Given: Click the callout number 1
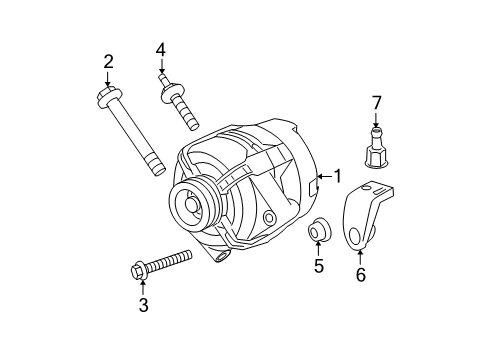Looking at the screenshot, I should click(337, 176).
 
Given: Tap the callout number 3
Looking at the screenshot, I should click(143, 305).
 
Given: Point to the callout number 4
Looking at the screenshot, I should click(160, 49).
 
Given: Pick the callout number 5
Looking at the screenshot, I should click(319, 266).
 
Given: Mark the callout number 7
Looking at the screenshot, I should click(377, 102).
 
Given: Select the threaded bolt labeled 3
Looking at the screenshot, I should click(164, 263).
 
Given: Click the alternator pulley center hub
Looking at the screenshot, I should click(189, 205).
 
